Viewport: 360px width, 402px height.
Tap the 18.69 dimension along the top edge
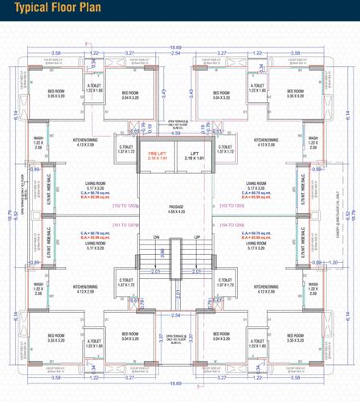pyautogui.click(x=176, y=48)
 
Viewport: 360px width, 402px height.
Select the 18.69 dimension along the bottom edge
pyautogui.click(x=176, y=384)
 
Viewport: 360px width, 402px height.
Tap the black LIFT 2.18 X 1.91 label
pyautogui.click(x=194, y=155)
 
